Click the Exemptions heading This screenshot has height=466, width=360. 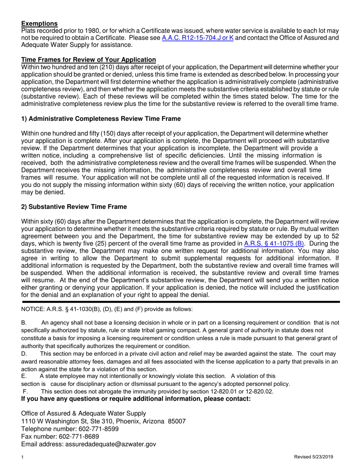(39, 23)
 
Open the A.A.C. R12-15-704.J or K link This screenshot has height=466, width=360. (197, 38)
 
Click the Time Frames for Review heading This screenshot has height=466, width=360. (88, 59)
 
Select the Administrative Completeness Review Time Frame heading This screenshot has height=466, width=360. (101, 119)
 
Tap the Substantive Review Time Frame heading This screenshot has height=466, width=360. (74, 206)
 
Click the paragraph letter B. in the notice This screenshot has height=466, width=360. (24, 323)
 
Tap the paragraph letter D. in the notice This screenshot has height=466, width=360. (24, 354)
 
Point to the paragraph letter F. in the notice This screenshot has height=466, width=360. (25, 391)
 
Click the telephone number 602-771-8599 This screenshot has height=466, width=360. (99, 429)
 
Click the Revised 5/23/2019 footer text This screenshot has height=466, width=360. (313, 457)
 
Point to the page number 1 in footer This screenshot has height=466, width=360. (23, 457)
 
